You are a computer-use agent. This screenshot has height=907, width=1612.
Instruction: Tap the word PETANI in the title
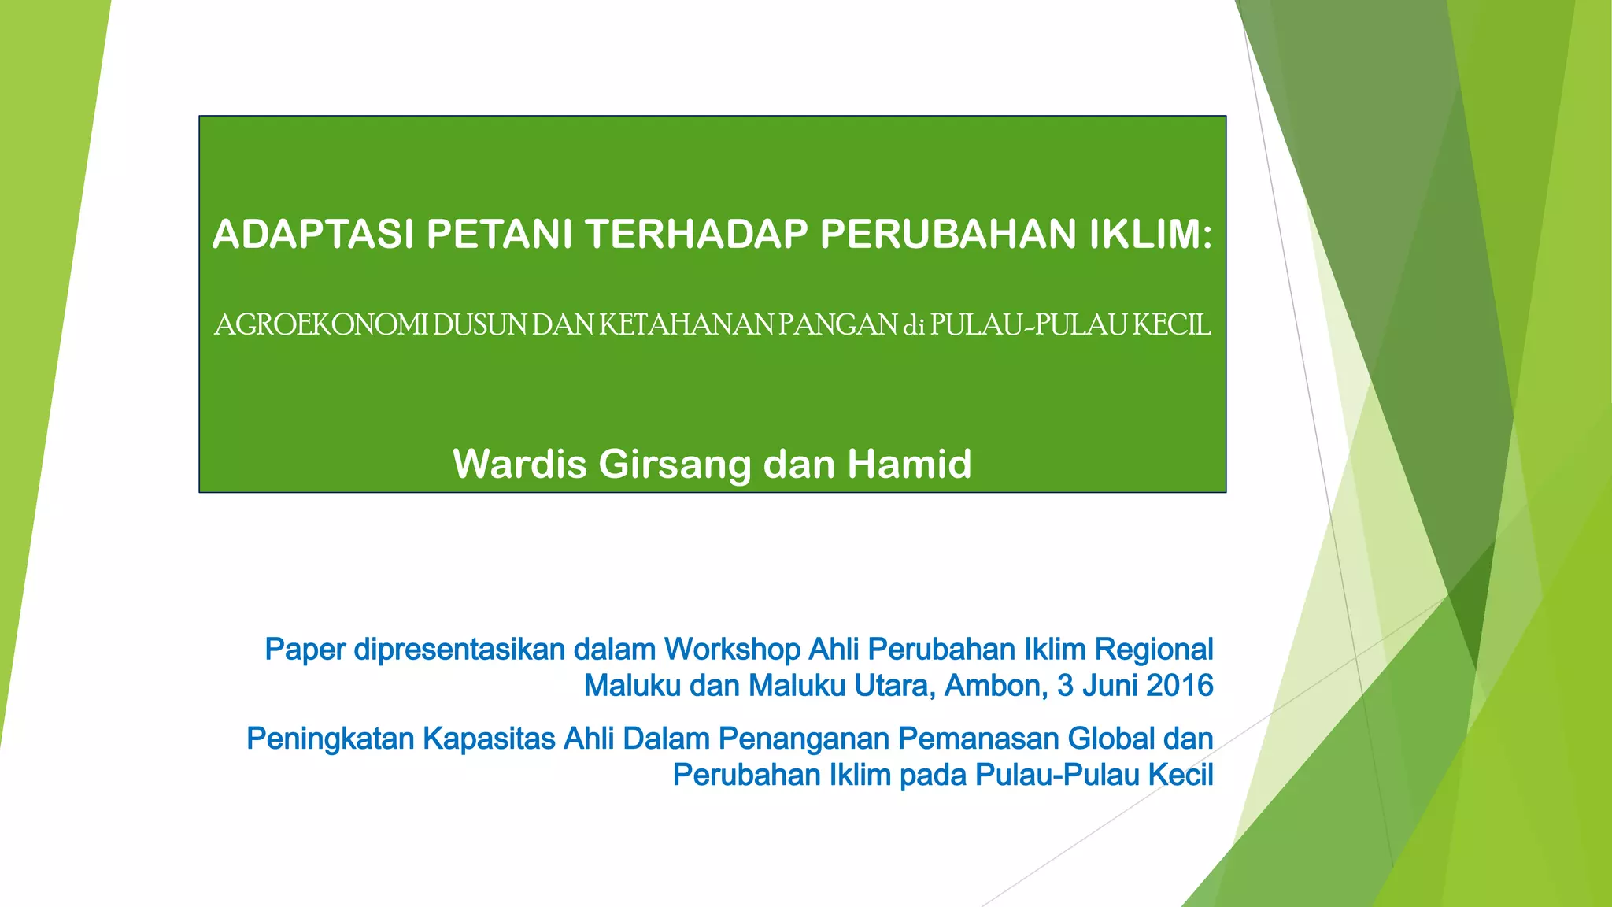tap(499, 234)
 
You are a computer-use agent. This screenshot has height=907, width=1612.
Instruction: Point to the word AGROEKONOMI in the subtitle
tap(321, 324)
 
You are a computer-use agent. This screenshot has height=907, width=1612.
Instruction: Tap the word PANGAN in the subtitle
tap(837, 324)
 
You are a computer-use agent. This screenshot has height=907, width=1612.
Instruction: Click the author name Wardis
tap(519, 464)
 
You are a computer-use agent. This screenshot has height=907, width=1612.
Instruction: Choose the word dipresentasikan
tap(459, 650)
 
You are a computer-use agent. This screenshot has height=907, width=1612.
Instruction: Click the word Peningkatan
tap(330, 739)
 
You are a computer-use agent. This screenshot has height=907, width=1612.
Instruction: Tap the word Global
tap(1111, 739)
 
